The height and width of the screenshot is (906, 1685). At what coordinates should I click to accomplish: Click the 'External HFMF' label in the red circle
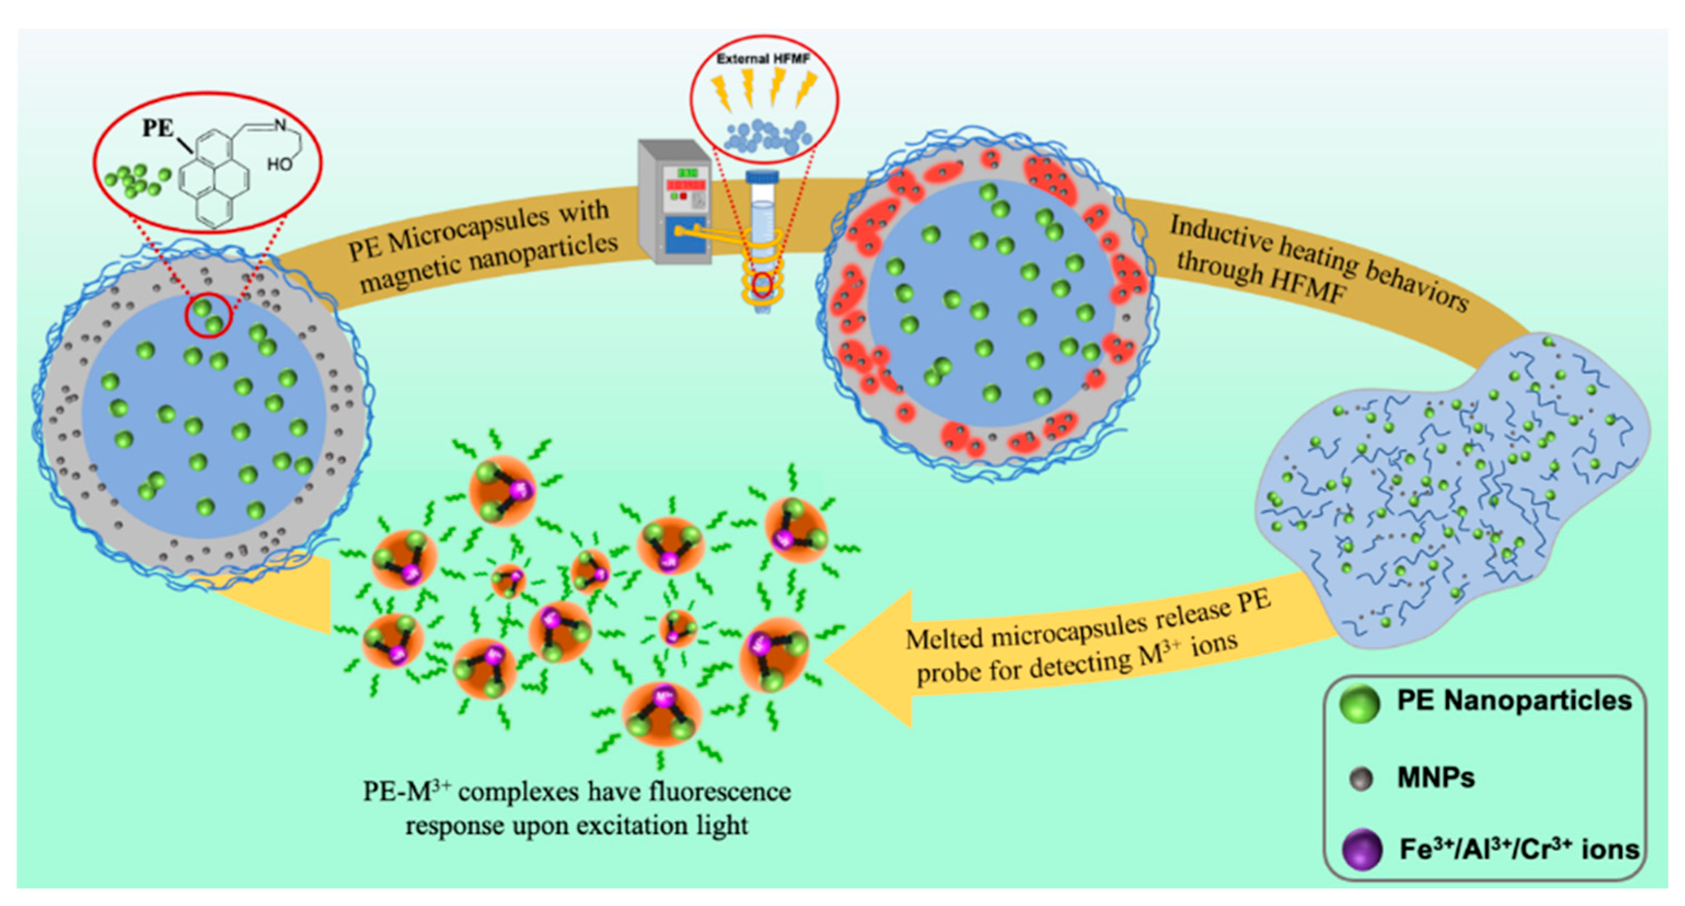[763, 59]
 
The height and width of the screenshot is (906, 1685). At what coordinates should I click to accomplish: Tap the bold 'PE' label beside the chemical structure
[157, 128]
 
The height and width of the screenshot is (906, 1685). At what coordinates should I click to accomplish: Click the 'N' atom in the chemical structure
[280, 124]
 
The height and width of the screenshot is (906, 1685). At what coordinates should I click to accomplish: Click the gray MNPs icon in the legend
[1361, 780]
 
